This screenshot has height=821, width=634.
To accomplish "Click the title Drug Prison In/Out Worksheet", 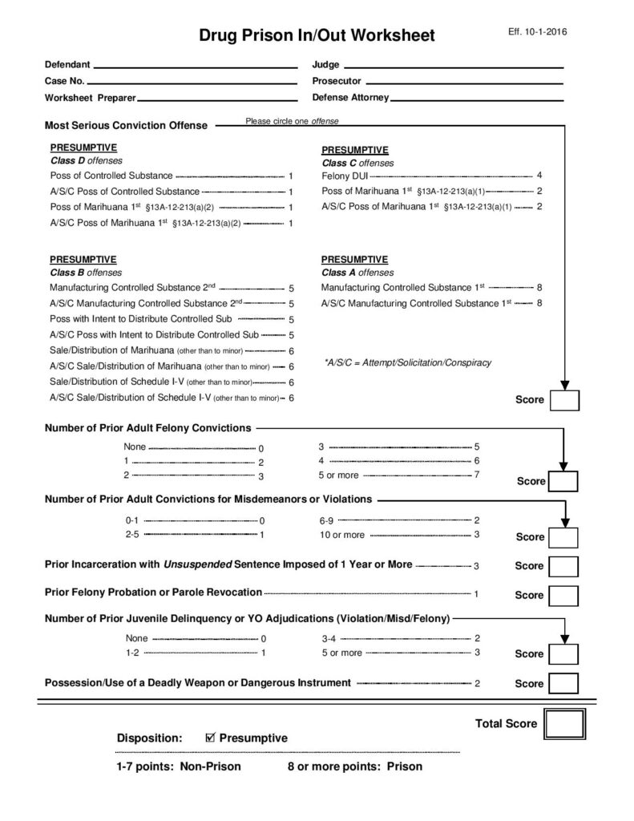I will pyautogui.click(x=317, y=35).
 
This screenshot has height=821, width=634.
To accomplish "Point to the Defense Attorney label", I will pyautogui.click(x=350, y=98).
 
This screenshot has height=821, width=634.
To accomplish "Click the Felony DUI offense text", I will pyautogui.click(x=345, y=176).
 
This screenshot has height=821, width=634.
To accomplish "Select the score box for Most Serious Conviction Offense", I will pyautogui.click(x=564, y=399).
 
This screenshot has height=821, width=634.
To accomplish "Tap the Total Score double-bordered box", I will pyautogui.click(x=564, y=724).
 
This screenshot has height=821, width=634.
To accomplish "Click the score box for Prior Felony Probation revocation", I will pyautogui.click(x=564, y=595).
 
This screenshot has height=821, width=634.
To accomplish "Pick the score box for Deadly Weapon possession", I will pyautogui.click(x=564, y=684).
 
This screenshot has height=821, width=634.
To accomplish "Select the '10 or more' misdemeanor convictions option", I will pyautogui.click(x=342, y=535).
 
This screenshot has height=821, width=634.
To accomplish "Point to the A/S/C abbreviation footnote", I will pyautogui.click(x=407, y=362).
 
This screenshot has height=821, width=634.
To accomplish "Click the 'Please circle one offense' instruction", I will pyautogui.click(x=292, y=121).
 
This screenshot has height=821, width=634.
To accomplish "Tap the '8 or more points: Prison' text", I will pyautogui.click(x=355, y=766).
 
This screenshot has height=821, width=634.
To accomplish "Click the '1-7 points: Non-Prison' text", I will pyautogui.click(x=178, y=766).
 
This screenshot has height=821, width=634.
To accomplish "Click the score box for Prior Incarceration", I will pyautogui.click(x=564, y=566).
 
